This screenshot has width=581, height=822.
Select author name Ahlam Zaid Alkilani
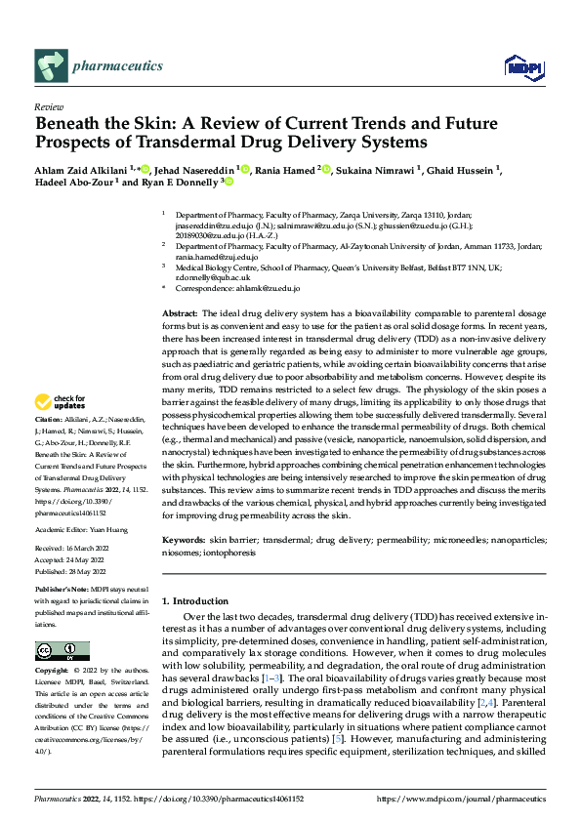point(80,171)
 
